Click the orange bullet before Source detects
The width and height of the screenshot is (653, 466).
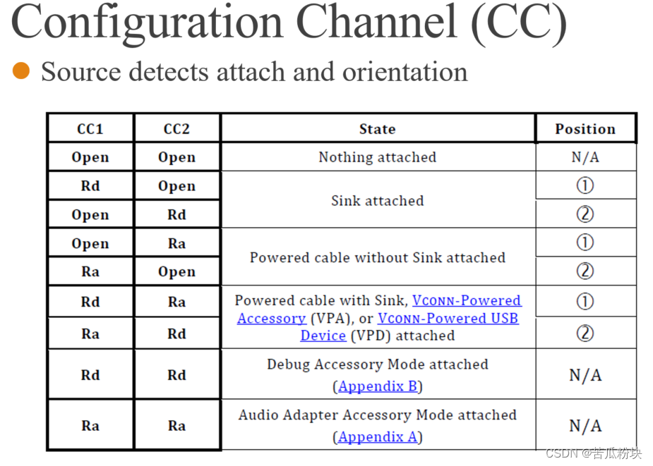[21, 70]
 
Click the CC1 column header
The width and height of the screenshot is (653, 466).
[90, 129]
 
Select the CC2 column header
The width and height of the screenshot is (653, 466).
[176, 129]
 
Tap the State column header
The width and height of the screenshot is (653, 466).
[377, 129]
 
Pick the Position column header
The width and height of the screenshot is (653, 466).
[585, 129]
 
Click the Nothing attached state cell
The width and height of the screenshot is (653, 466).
[377, 157]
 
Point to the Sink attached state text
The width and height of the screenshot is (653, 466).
[377, 200]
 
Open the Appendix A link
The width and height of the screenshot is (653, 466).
[378, 437]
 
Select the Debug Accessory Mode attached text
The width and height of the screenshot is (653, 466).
[377, 364]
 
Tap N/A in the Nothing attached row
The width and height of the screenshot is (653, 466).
[585, 157]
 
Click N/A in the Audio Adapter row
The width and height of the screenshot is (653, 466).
[585, 426]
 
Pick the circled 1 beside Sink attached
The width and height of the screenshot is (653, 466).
[585, 185]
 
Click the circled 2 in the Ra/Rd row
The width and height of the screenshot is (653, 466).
[585, 333]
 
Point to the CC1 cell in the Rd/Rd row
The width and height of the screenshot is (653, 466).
[90, 375]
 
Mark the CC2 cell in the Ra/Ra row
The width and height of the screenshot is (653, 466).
[176, 426]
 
